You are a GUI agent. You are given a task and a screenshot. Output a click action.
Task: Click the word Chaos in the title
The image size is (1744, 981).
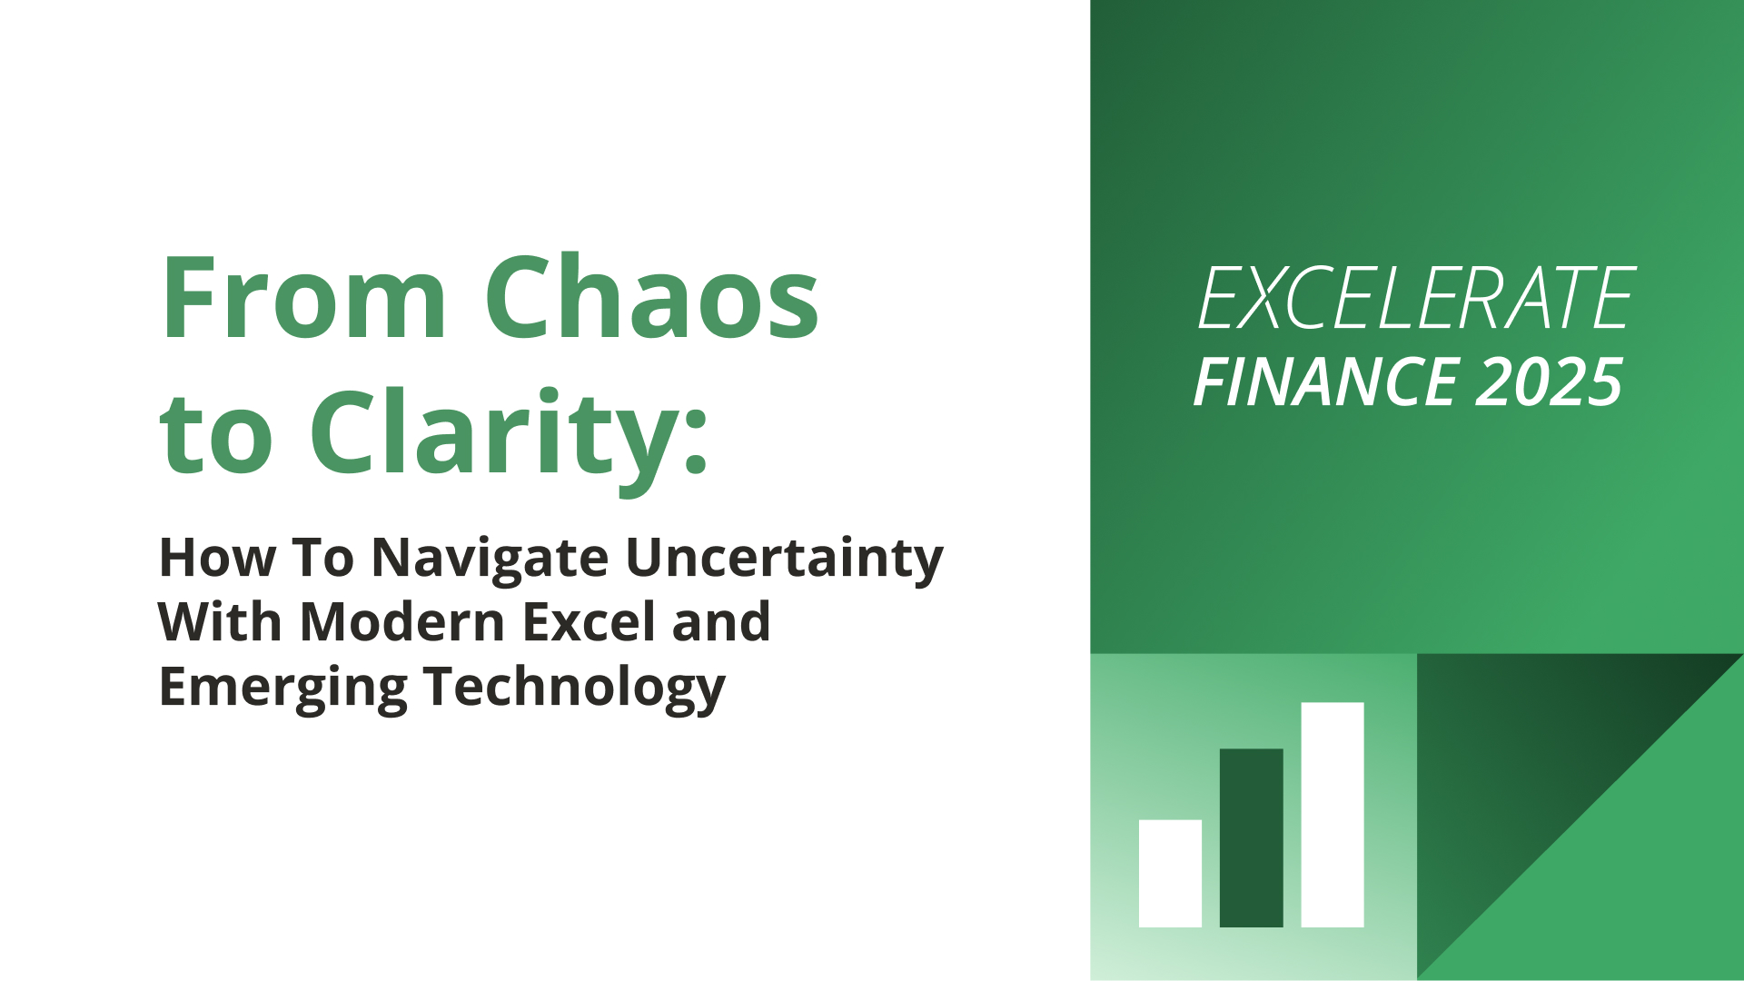coord(651,297)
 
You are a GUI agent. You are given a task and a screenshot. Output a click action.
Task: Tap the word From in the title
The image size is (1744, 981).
coord(303,297)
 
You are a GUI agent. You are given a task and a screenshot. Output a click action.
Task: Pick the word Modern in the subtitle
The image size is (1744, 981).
coord(402,622)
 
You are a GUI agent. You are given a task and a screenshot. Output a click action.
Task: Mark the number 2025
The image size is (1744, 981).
coord(1549,382)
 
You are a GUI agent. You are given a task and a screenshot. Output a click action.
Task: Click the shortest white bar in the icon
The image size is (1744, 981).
coord(1170,874)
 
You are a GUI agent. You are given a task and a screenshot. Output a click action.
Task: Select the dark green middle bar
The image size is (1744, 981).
coord(1251,838)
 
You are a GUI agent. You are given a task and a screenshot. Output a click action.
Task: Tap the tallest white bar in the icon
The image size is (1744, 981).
coord(1333,815)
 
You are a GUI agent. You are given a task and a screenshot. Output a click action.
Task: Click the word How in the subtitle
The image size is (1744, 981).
coord(217,558)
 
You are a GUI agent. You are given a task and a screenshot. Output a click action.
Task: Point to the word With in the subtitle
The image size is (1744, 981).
coord(221,622)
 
